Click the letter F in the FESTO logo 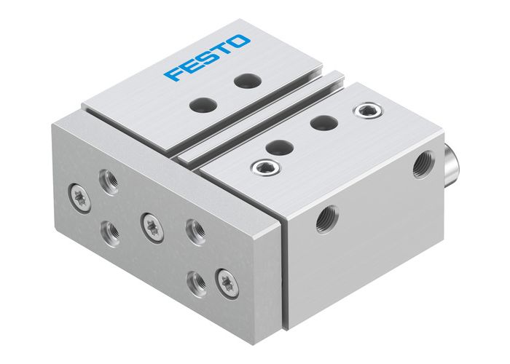click(x=173, y=74)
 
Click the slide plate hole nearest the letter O click(x=243, y=82)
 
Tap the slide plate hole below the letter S click(x=198, y=105)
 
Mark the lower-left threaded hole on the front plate click(x=111, y=233)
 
